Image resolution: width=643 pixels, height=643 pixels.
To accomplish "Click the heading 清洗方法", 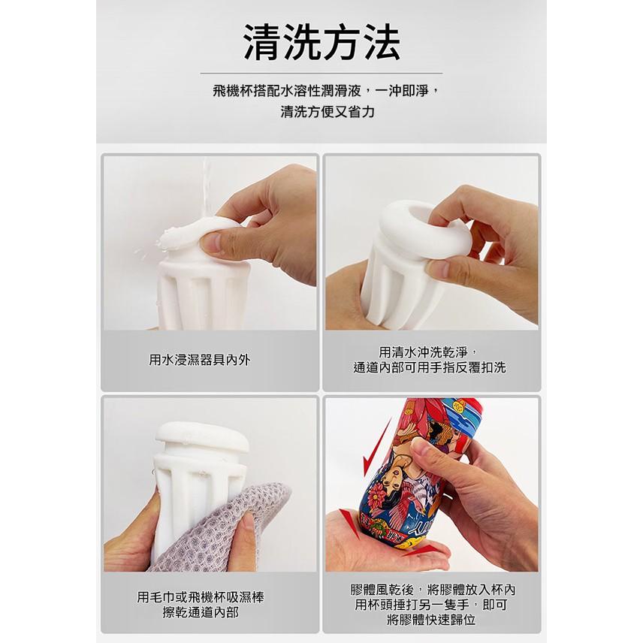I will [321, 42].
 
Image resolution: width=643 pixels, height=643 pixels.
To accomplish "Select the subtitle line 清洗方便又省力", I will [321, 113].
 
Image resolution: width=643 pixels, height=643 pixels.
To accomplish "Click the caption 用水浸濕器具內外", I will [200, 360].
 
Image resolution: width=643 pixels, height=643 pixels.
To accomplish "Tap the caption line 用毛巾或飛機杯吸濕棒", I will [201, 597].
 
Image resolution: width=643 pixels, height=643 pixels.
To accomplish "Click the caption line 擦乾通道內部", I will [201, 612].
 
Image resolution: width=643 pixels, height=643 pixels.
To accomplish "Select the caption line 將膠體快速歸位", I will [432, 620].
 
